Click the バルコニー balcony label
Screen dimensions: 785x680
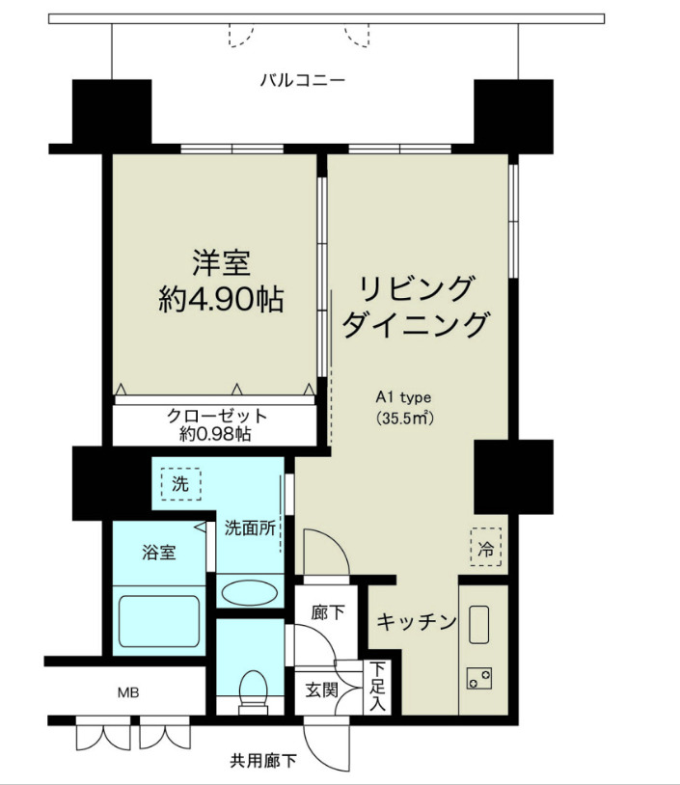[x=302, y=80]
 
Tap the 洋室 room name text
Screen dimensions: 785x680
[x=221, y=262]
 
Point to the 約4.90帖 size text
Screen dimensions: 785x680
[x=221, y=299]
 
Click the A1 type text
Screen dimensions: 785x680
[x=403, y=396]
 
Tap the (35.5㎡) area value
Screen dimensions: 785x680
[x=403, y=419]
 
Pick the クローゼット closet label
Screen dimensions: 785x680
[x=216, y=416]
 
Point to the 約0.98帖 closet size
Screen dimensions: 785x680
[x=216, y=434]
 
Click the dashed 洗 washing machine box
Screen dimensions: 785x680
[x=180, y=483]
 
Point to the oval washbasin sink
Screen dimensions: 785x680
[x=250, y=589]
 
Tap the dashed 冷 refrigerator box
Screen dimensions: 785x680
[x=486, y=549]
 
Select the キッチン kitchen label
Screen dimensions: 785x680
[x=416, y=622]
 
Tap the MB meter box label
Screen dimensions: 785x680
[x=127, y=691]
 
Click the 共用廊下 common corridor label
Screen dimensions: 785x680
[x=263, y=762]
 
